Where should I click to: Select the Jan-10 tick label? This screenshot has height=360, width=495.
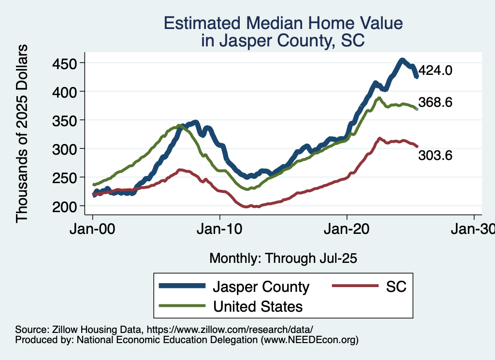[x=220, y=230]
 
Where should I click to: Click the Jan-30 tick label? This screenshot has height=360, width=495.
[x=473, y=230]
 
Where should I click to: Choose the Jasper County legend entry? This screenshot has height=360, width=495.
[x=261, y=287]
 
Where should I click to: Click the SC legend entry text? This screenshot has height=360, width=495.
[x=396, y=287]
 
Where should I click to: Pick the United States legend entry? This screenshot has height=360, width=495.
[x=258, y=306]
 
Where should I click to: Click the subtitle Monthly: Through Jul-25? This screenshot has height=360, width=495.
[x=283, y=259]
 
